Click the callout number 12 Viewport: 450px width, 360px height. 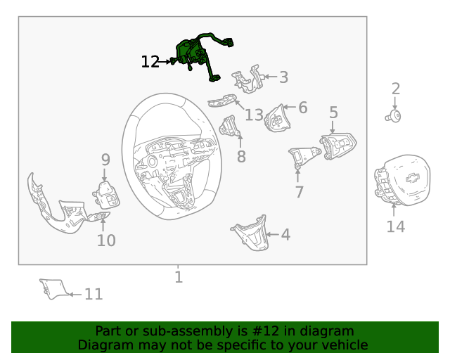(150, 62)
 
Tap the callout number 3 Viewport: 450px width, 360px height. (283, 77)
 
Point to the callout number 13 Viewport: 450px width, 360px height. (254, 115)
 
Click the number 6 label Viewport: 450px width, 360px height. (303, 108)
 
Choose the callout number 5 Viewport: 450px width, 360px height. (333, 112)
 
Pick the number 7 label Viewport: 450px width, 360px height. (299, 192)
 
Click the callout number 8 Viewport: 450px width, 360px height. (241, 157)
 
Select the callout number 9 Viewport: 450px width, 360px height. (105, 160)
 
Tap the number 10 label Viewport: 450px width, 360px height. (106, 240)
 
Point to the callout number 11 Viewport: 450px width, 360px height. (94, 295)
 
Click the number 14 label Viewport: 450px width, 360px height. (396, 226)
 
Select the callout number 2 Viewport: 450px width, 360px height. (396, 89)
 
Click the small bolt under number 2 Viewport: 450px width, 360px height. (393, 116)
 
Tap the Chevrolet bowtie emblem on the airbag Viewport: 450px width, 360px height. (413, 178)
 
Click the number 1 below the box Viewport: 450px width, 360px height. (179, 277)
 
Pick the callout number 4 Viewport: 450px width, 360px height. (285, 235)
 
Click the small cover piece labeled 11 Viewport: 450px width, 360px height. (54, 289)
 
